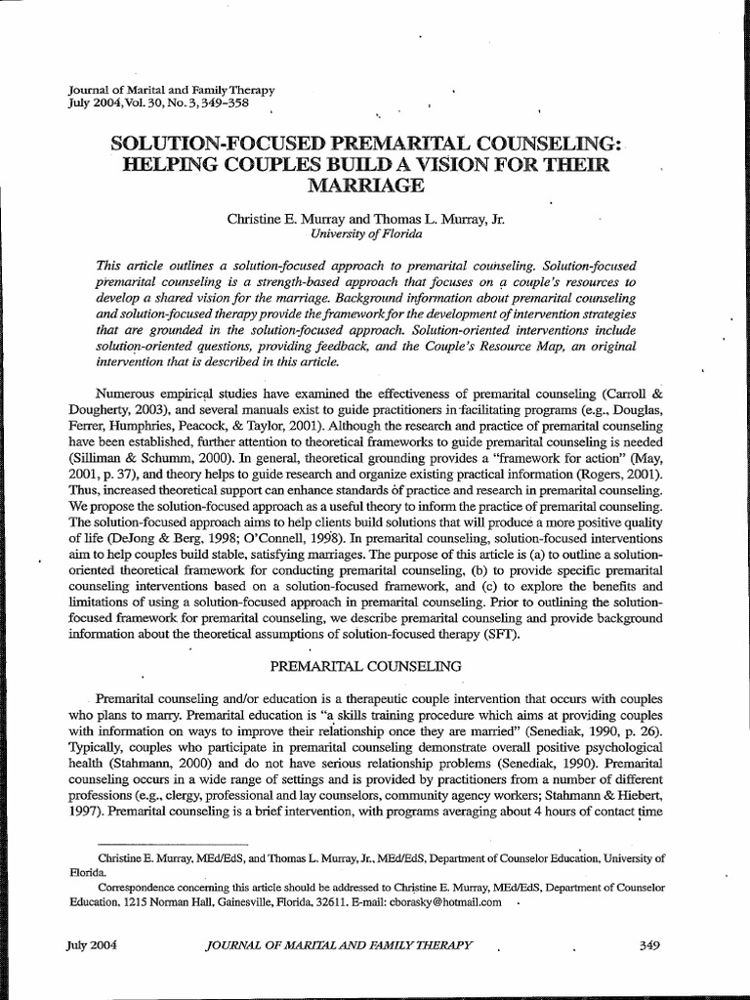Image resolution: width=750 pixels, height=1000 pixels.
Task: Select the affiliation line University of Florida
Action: (366, 234)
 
